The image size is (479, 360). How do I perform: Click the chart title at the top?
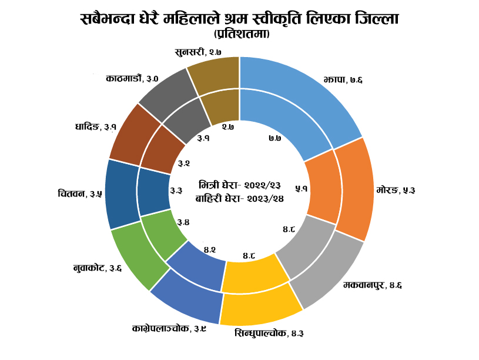[239, 19]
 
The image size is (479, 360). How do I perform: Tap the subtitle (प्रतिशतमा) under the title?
[239, 35]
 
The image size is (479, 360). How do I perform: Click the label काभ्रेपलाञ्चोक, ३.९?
[169, 328]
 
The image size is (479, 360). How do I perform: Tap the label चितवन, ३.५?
[80, 194]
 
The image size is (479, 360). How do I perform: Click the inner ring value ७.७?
[274, 138]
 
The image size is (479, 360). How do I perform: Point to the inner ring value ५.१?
[302, 188]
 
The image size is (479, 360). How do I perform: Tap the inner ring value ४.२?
[210, 250]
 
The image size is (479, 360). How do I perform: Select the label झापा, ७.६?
[342, 80]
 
